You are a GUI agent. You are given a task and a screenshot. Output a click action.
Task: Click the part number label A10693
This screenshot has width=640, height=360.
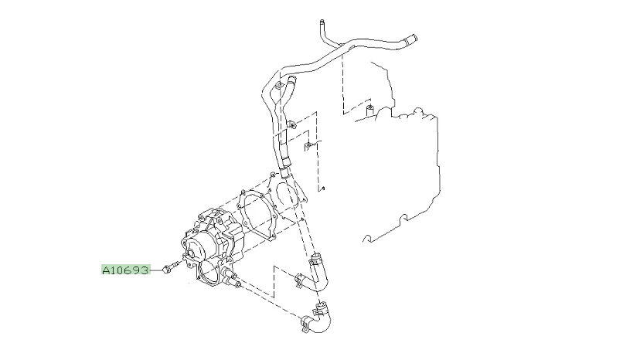(126, 270)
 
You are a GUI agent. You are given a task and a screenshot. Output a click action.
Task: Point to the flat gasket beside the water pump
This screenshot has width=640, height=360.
(257, 213)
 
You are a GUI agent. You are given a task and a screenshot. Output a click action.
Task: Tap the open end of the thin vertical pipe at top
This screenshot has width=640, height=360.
(322, 21)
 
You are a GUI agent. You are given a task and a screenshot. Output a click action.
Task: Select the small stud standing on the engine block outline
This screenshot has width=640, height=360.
(369, 110)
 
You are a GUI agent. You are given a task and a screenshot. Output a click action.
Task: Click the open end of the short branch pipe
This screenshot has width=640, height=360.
(291, 79)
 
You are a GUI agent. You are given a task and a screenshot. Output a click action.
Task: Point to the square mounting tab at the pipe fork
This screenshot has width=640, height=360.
(279, 86)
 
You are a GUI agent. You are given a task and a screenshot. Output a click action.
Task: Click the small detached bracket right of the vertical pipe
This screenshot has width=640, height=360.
(308, 146)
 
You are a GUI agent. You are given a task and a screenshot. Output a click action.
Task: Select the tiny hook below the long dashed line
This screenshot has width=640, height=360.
(322, 188)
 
